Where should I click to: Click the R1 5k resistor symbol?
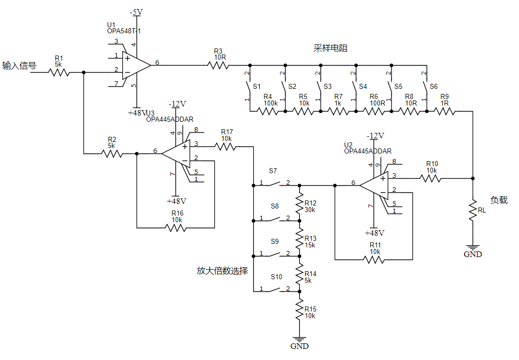click(59, 72)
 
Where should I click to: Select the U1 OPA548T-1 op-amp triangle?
click(136, 66)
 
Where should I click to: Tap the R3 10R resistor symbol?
click(218, 65)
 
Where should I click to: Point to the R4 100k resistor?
click(267, 112)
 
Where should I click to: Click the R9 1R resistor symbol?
click(445, 112)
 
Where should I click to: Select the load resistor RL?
click(473, 210)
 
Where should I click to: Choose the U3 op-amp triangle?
click(176, 153)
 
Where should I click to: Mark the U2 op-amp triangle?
click(373, 185)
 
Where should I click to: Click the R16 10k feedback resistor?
click(176, 228)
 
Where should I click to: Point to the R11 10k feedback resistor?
click(373, 260)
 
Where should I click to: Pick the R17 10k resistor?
click(225, 146)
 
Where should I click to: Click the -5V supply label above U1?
click(136, 12)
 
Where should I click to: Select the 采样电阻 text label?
click(331, 48)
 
